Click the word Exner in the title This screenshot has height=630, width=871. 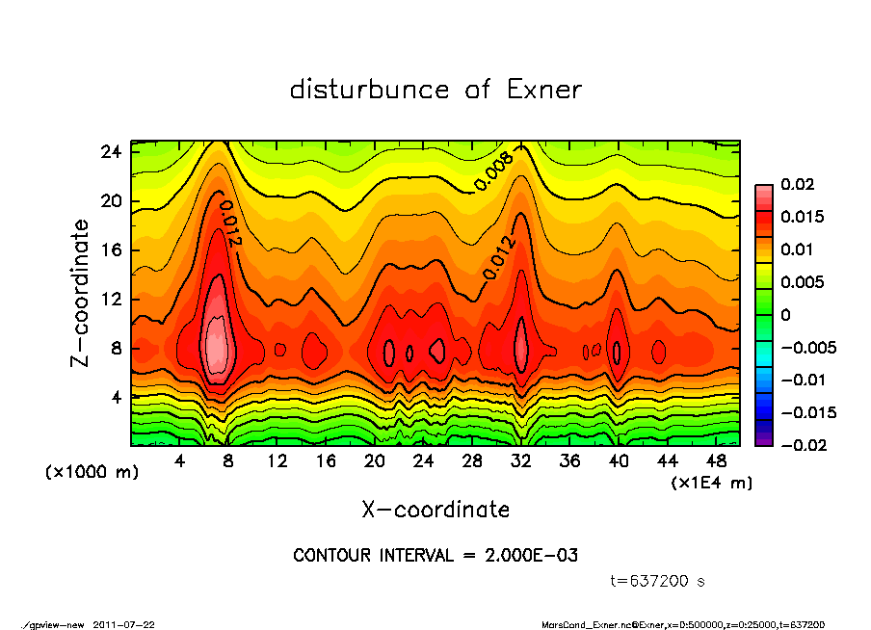click(x=543, y=90)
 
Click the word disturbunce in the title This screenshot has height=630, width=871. click(x=369, y=90)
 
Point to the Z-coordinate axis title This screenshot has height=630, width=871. click(x=81, y=292)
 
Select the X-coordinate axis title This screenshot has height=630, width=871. click(x=435, y=509)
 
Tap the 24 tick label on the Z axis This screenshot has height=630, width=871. click(x=111, y=152)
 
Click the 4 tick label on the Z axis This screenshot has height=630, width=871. click(x=116, y=397)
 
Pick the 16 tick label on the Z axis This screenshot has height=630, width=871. click(x=111, y=250)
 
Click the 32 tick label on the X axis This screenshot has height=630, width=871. click(x=520, y=460)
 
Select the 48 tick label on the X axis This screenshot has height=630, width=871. click(x=716, y=460)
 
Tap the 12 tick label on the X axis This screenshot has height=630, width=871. click(x=277, y=460)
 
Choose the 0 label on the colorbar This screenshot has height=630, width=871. click(x=785, y=315)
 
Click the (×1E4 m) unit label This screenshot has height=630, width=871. click(x=712, y=482)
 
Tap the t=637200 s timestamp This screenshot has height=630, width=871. click(x=658, y=580)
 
